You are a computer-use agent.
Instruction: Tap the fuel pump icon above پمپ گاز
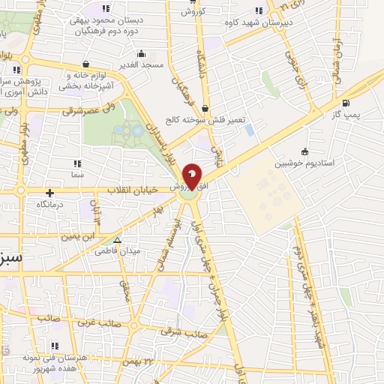tap(345, 103)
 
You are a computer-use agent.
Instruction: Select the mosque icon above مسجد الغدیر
tap(141, 54)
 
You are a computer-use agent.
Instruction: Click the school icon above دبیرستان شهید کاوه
tap(260, 10)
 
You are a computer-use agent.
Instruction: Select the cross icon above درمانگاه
tap(50, 193)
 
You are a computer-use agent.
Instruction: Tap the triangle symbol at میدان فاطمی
tap(117, 241)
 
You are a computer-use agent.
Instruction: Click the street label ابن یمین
tap(79, 235)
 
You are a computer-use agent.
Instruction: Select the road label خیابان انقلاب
tap(136, 189)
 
